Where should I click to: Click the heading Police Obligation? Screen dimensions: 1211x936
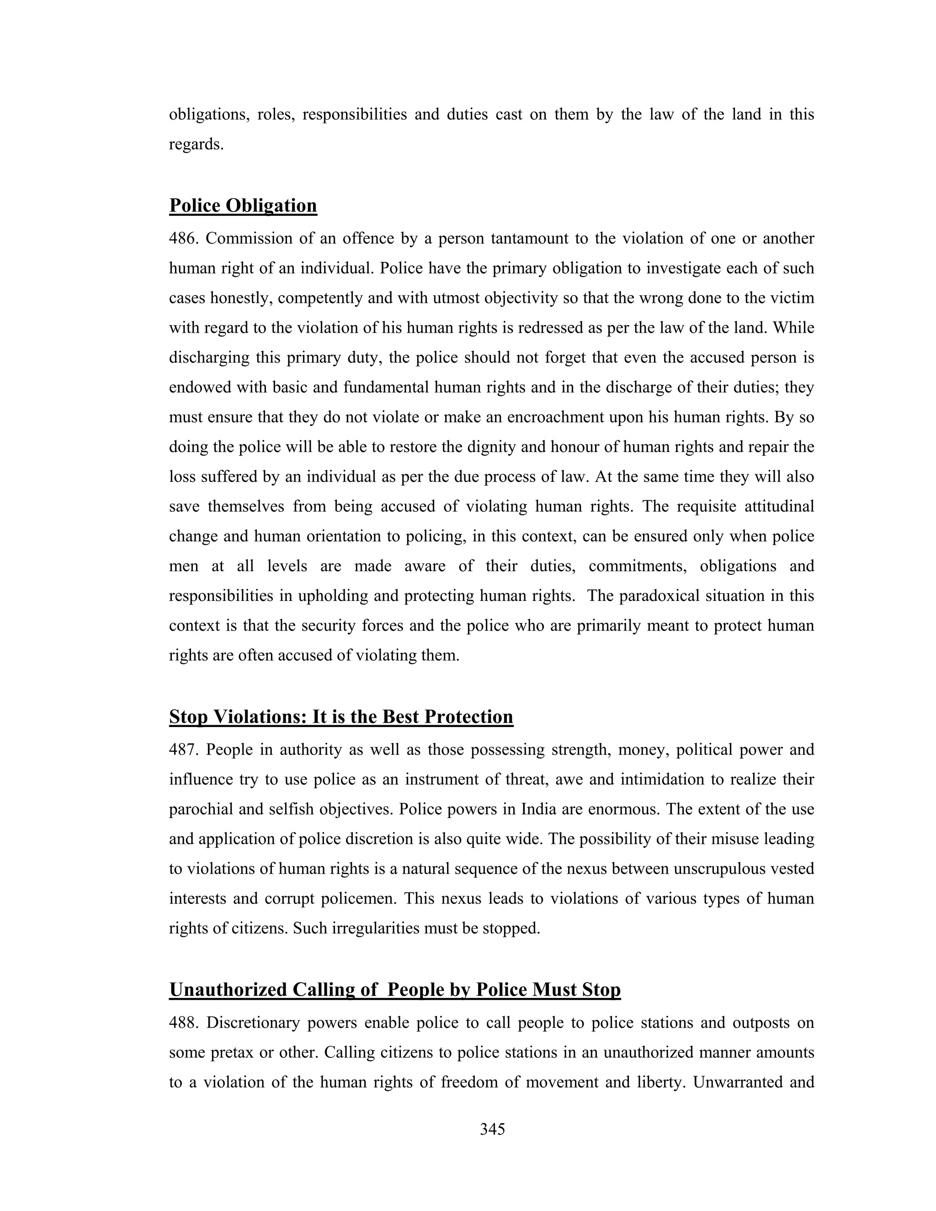[243, 206]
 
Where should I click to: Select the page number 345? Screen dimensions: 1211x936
[492, 1129]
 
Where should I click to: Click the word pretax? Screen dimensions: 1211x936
[232, 1052]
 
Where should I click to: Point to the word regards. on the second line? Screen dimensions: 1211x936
[196, 145]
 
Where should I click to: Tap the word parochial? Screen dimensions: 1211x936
[201, 809]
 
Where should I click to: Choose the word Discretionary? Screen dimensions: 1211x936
[253, 1022]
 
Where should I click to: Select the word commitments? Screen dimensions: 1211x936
[637, 566]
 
